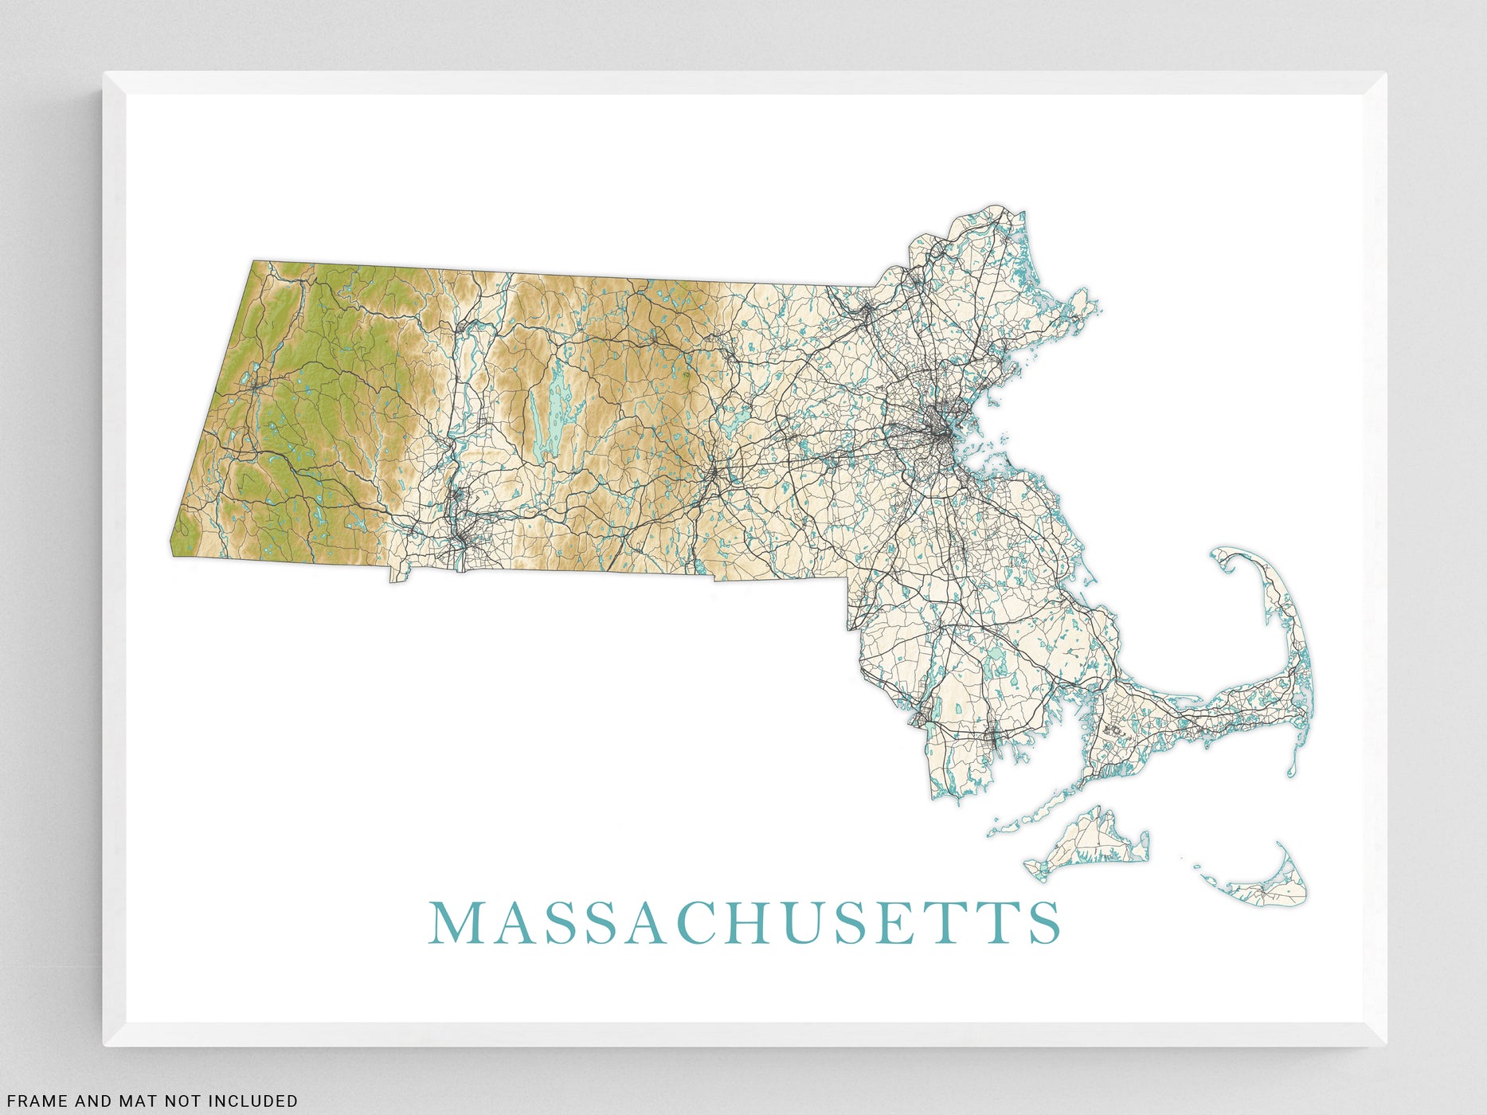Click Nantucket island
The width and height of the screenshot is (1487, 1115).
(1274, 888)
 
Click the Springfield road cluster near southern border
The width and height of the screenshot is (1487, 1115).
(460, 542)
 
